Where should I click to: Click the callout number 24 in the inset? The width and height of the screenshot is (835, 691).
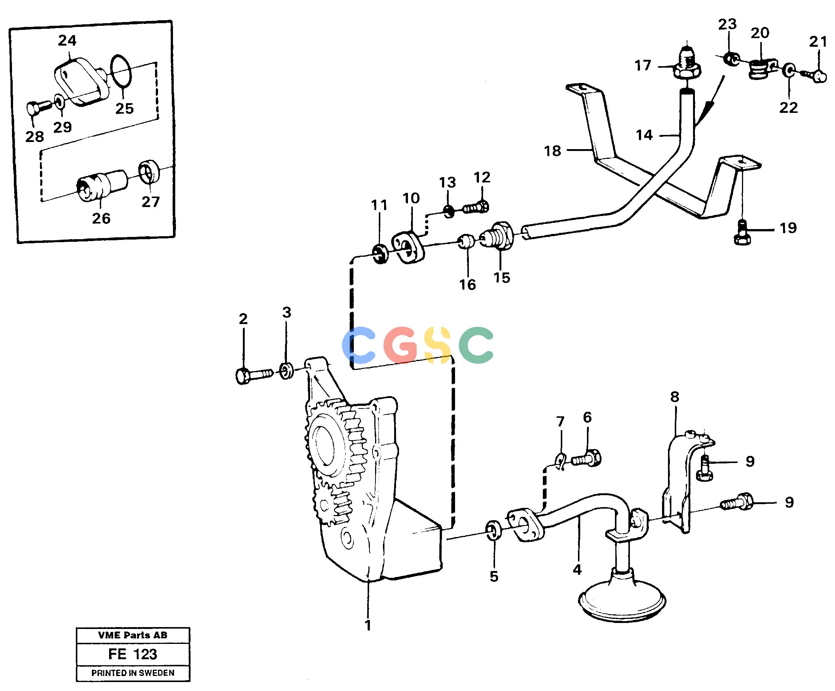tap(67, 40)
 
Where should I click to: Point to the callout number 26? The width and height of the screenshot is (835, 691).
tap(101, 218)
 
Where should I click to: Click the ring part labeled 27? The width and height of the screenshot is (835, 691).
tap(149, 172)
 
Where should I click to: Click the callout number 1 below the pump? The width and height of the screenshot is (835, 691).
tap(368, 625)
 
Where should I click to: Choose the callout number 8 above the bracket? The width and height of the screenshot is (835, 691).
tap(675, 397)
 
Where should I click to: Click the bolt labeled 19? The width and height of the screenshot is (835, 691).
tap(742, 232)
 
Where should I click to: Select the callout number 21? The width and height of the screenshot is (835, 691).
tap(818, 41)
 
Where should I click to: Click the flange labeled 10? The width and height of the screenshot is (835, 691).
tap(408, 248)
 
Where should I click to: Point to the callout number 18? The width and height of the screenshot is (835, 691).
tap(552, 151)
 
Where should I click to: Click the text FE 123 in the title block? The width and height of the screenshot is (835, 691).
tap(133, 654)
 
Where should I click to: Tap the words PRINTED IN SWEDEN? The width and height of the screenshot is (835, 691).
tap(133, 673)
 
